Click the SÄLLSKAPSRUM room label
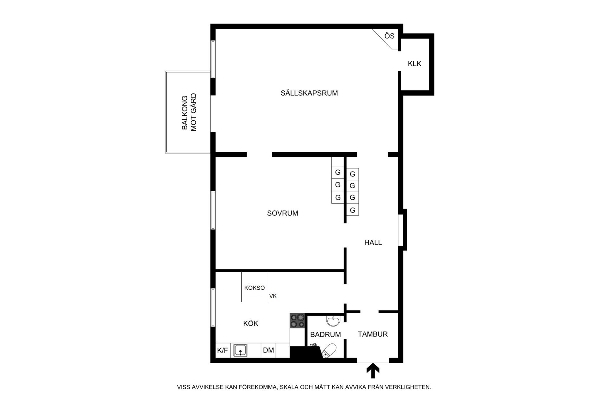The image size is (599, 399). pyautogui.click(x=309, y=93)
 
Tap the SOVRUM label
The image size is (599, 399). pyautogui.click(x=283, y=213)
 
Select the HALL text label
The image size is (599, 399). pyautogui.click(x=373, y=242)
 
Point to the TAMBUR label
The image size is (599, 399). pyautogui.click(x=373, y=334)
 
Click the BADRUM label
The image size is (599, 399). pyautogui.click(x=326, y=334)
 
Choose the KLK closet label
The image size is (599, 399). pyautogui.click(x=414, y=63)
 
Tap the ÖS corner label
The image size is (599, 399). pyautogui.click(x=389, y=36)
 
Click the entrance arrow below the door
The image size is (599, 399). pyautogui.click(x=373, y=370)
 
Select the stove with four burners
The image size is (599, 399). pyautogui.click(x=297, y=321)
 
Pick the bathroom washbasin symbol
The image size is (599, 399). pyautogui.click(x=333, y=321)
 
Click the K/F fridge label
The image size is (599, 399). pyautogui.click(x=222, y=350)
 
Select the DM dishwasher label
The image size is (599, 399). pyautogui.click(x=268, y=350)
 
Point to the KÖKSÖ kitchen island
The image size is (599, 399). pyautogui.click(x=254, y=287)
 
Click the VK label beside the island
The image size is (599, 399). pyautogui.click(x=273, y=296)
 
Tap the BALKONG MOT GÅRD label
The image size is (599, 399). pyautogui.click(x=189, y=112)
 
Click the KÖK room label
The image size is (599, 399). pyautogui.click(x=251, y=323)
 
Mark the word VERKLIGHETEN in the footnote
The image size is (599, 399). pyautogui.click(x=408, y=387)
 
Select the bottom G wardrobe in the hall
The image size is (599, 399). pyautogui.click(x=352, y=210)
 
